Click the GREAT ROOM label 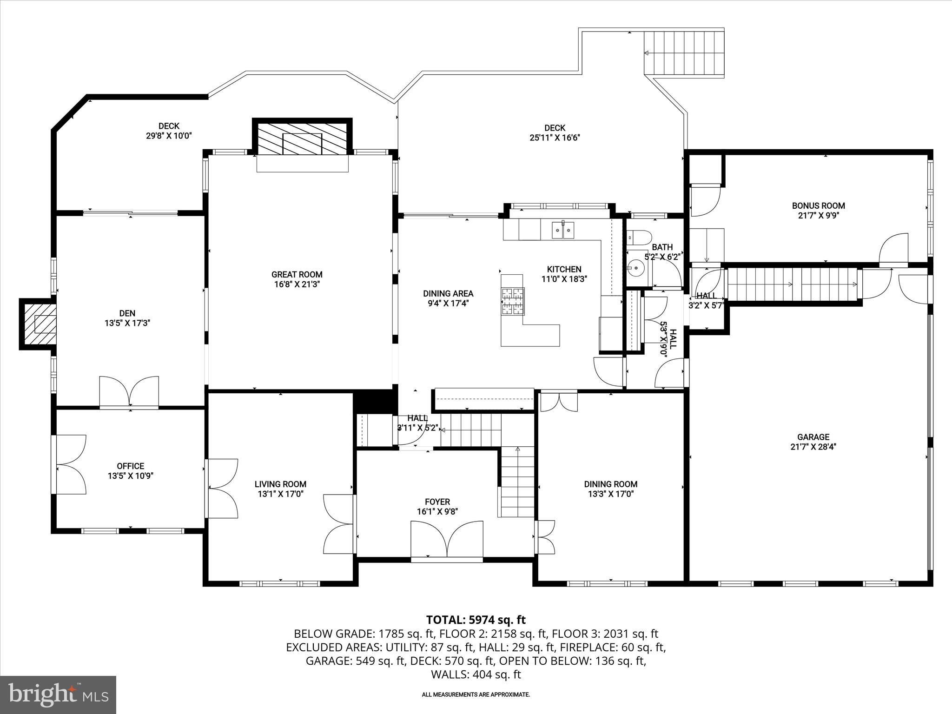tap(297, 274)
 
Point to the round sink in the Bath tap(634, 268)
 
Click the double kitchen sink tap(562, 230)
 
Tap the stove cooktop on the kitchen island tap(512, 301)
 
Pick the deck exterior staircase tap(683, 52)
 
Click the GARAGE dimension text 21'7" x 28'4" tap(813, 447)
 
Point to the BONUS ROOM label tap(818, 205)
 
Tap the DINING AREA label tap(448, 293)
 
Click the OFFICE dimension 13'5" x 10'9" tap(130, 476)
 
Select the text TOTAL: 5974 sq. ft tap(476, 620)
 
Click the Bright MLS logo tap(58, 694)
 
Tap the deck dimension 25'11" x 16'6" tap(555, 138)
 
